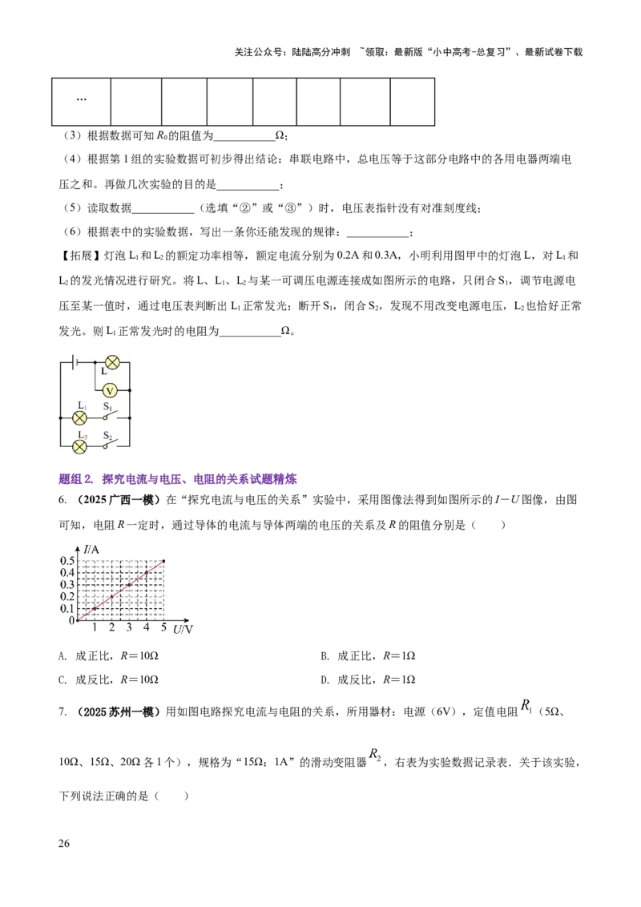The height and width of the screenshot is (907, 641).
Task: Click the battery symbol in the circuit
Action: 75,362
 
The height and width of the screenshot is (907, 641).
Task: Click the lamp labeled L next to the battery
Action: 112,362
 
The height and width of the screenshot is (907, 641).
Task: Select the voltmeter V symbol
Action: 111,390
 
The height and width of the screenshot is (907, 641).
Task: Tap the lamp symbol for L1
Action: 79,417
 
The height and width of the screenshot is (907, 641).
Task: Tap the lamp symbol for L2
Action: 79,445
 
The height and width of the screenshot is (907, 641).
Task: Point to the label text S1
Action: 108,406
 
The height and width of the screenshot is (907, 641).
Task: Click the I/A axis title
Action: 91,549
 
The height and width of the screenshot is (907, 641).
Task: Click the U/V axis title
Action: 183,630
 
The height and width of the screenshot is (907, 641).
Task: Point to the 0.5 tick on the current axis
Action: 67,561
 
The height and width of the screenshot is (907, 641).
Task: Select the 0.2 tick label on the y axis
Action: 67,596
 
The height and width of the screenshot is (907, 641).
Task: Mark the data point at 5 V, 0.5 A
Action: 163,561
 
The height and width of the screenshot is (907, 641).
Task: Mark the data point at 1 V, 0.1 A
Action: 95,609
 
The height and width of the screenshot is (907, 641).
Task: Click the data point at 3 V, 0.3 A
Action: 129,585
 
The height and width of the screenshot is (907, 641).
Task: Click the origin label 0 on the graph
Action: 71,620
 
